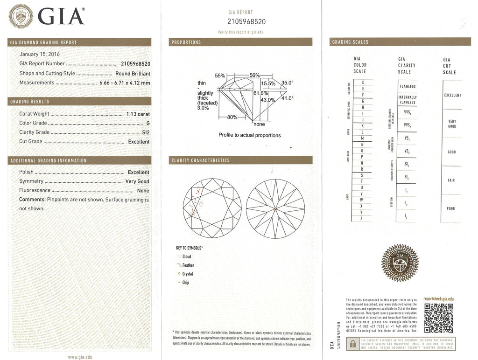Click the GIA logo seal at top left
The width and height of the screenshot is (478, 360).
click(21, 16)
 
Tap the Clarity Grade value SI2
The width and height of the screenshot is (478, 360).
click(145, 132)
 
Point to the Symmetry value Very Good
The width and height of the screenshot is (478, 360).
click(137, 181)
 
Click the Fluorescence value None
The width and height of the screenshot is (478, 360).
click(143, 191)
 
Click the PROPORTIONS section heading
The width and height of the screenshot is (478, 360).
click(186, 42)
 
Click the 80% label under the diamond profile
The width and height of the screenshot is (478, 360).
click(232, 118)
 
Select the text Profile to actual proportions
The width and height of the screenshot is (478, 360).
click(250, 135)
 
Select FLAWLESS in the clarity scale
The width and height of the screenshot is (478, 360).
click(408, 87)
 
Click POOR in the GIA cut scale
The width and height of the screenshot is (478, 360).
click(450, 208)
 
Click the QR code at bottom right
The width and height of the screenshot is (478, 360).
click(439, 317)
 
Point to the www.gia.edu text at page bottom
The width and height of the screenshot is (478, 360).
click(79, 356)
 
